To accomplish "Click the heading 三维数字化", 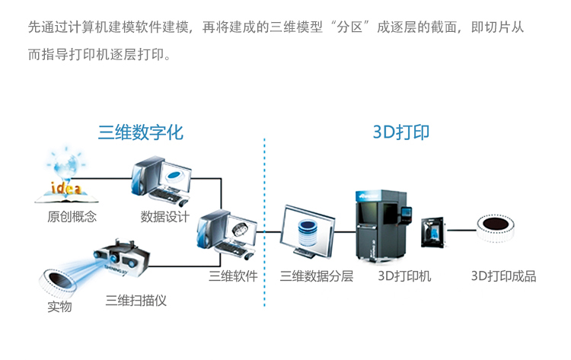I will pyautogui.click(x=140, y=132).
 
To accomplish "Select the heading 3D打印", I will pyautogui.click(x=401, y=132).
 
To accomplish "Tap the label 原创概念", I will pyautogui.click(x=73, y=216).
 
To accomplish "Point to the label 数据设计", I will pyautogui.click(x=164, y=216).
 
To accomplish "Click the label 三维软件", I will pyautogui.click(x=233, y=276).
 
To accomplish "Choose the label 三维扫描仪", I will pyautogui.click(x=136, y=300).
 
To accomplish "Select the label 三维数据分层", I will pyautogui.click(x=317, y=276).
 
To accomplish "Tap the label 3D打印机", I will pyautogui.click(x=404, y=276).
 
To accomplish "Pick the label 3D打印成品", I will pyautogui.click(x=503, y=276).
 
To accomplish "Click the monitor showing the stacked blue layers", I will pyautogui.click(x=308, y=231).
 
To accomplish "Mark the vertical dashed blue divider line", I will pyautogui.click(x=264, y=221).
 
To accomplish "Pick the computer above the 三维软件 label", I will pyautogui.click(x=225, y=235).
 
